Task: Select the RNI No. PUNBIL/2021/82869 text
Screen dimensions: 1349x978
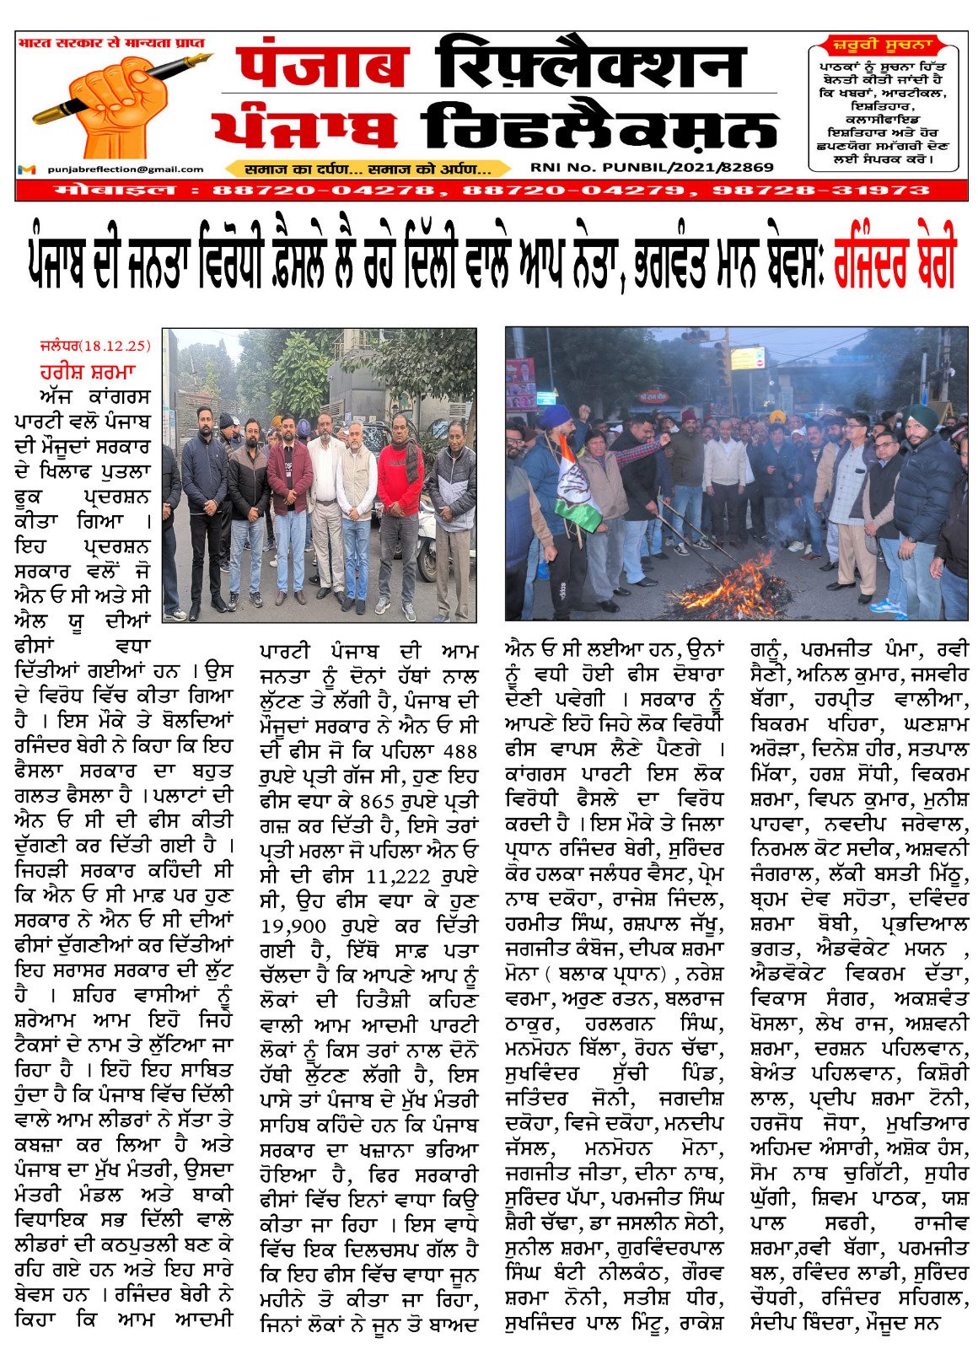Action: (652, 167)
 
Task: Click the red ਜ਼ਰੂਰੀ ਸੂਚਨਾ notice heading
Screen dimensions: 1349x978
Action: (884, 45)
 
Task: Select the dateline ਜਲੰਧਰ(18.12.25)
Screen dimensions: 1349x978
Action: (94, 346)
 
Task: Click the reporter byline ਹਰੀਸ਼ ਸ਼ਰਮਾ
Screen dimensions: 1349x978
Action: (87, 371)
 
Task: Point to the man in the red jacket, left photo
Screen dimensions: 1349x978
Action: (399, 506)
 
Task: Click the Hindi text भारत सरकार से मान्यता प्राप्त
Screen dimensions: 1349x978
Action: (111, 42)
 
